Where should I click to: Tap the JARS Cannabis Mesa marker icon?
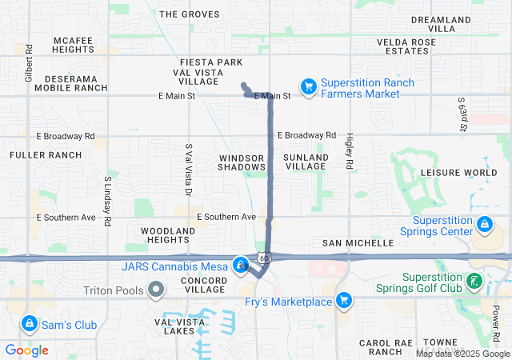(241, 266)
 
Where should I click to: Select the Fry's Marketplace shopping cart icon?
(344, 301)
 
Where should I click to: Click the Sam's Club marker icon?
(29, 324)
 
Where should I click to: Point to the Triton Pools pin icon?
(156, 288)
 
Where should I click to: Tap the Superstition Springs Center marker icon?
(484, 225)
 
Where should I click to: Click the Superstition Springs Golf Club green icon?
(475, 281)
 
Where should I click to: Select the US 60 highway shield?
(264, 258)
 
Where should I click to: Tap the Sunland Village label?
(306, 162)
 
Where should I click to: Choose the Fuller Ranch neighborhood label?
(46, 154)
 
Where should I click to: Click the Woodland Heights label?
(168, 235)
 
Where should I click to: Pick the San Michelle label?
(358, 242)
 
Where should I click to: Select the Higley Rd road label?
(350, 150)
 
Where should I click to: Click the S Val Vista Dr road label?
(189, 170)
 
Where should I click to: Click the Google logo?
(27, 350)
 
